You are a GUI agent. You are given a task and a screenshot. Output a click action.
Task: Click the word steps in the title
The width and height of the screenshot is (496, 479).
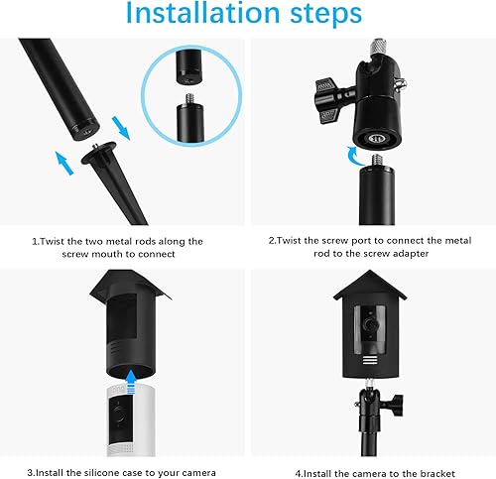pyautogui.click(x=326, y=15)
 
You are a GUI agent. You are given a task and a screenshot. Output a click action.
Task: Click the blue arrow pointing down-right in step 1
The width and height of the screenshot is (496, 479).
pyautogui.click(x=120, y=128)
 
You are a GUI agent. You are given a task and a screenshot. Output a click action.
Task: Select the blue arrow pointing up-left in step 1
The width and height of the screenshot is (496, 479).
pyautogui.click(x=64, y=163)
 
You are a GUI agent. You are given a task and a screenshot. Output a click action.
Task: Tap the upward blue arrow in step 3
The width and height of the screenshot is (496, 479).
pyautogui.click(x=131, y=382)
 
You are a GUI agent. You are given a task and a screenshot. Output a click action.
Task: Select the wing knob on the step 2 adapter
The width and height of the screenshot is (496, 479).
pyautogui.click(x=327, y=101)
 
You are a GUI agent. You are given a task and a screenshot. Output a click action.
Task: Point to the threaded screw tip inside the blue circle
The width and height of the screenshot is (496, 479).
pyautogui.click(x=190, y=98)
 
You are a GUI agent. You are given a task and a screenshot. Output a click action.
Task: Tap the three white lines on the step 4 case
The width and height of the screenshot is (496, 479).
pyautogui.click(x=370, y=360)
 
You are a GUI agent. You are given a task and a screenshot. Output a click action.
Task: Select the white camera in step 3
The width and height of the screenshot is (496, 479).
pyautogui.click(x=131, y=420)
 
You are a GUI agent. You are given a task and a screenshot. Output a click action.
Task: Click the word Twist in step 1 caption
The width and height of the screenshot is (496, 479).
pyautogui.click(x=52, y=241)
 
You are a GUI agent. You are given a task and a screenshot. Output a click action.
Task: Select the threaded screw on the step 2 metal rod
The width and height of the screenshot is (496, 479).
pyautogui.click(x=377, y=161)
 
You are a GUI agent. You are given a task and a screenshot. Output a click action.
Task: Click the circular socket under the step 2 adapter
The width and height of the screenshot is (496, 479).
pyautogui.click(x=377, y=138)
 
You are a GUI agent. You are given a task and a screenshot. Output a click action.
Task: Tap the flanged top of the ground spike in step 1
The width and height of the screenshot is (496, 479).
pyautogui.click(x=99, y=153)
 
